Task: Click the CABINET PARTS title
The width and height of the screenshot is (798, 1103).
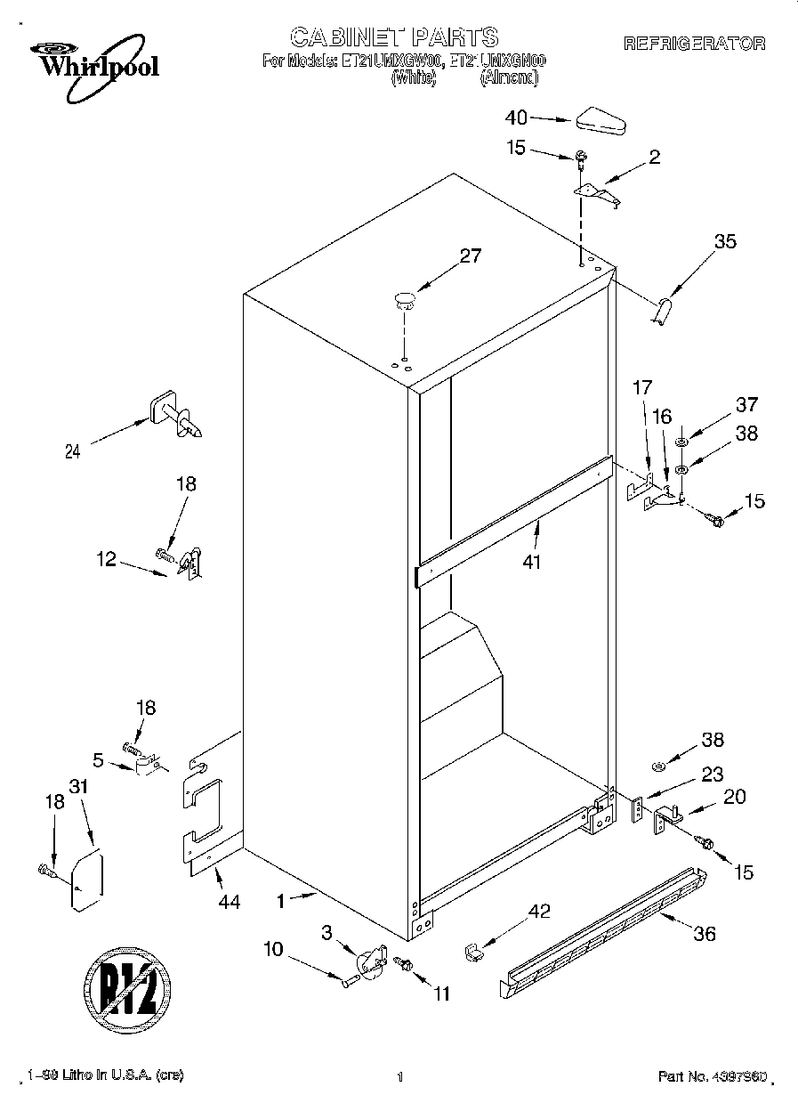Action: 394,36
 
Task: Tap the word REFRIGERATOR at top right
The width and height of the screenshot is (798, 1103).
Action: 694,44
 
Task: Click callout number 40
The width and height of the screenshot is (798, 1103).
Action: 516,117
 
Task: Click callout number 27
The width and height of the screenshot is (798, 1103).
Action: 470,256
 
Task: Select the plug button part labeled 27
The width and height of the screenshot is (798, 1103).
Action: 405,298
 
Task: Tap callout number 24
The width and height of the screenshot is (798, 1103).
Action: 72,451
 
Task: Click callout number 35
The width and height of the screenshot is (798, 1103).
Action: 725,240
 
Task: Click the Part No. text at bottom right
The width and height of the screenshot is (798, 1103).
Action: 712,1076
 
